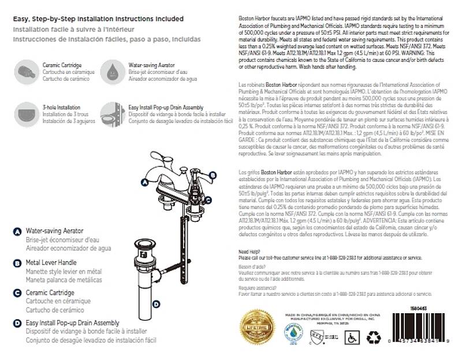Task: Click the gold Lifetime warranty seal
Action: (258, 328)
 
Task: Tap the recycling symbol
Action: (374, 337)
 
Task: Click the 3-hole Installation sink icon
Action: (26, 114)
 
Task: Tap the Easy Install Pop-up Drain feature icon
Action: (113, 114)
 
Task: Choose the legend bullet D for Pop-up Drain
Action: (17, 323)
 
